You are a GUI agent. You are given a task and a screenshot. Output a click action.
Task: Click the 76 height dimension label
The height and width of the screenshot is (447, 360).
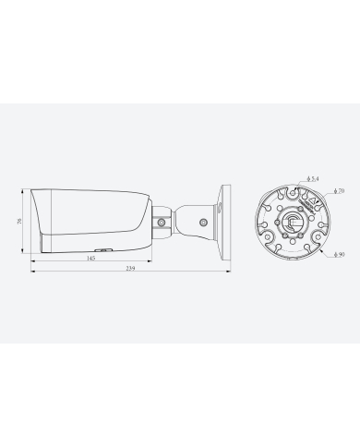pyautogui.click(x=20, y=222)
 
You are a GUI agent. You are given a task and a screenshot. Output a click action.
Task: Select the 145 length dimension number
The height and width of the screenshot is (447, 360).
pyautogui.click(x=90, y=258)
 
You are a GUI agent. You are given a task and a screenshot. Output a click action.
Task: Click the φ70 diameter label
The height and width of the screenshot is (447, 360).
pyautogui.click(x=341, y=191)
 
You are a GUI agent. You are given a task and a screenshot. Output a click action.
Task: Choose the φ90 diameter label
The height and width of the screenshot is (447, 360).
pyautogui.click(x=341, y=254)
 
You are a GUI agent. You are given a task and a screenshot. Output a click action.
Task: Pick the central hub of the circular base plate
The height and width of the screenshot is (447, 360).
pyautogui.click(x=294, y=222)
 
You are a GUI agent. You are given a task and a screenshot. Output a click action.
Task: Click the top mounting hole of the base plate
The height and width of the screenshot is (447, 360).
pyautogui.click(x=294, y=186)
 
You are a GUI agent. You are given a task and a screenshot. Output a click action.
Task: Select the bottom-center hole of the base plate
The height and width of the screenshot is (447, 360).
pyautogui.click(x=294, y=255)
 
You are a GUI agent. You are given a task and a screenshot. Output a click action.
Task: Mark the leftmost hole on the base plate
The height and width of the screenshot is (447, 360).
pyautogui.click(x=261, y=222)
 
